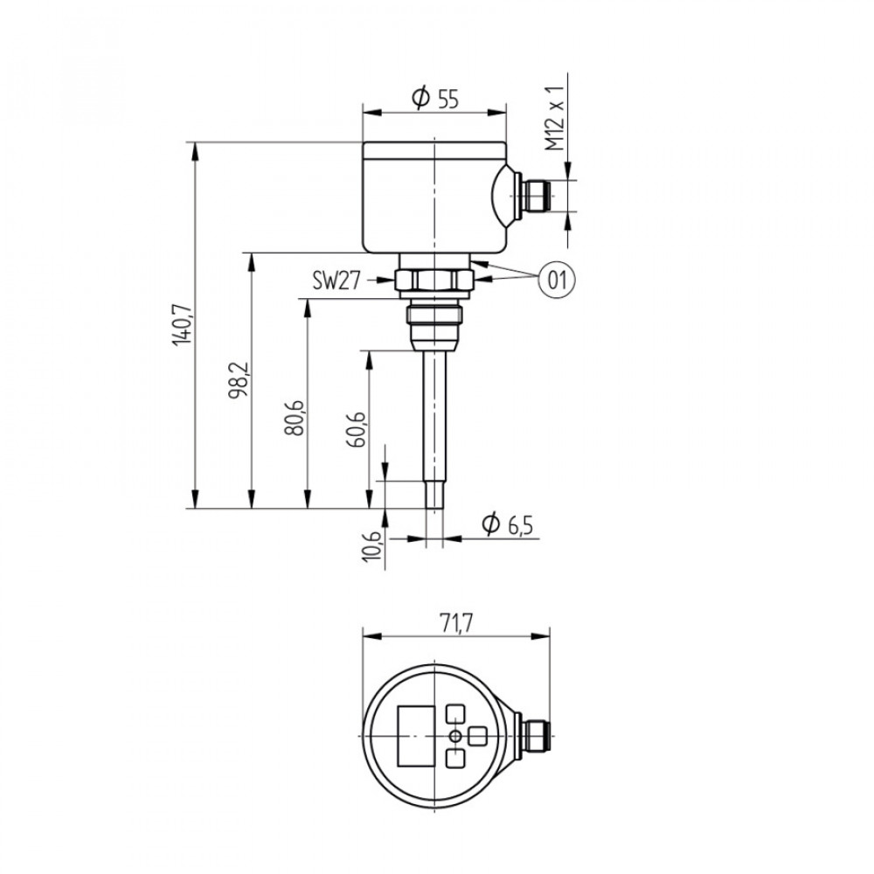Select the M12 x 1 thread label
tap(555, 119)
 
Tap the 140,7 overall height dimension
tap(183, 324)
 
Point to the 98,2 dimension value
tap(239, 381)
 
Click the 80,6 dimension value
tap(295, 417)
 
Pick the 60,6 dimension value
tap(357, 429)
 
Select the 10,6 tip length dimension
tap(371, 545)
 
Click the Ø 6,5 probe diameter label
tap(507, 524)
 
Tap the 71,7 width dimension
tap(456, 623)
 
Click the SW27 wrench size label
tap(336, 281)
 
